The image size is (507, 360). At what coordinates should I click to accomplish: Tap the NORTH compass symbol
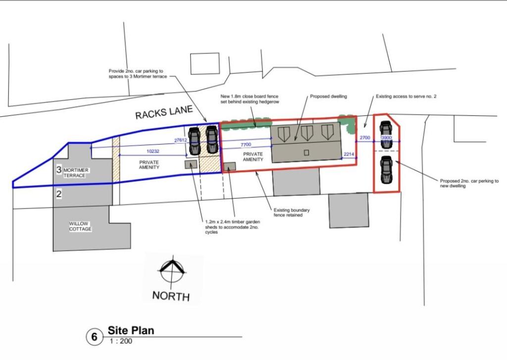[x=171, y=269]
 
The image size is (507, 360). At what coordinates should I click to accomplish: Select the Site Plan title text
[x=131, y=330]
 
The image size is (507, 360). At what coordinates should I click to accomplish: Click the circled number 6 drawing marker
[x=94, y=337]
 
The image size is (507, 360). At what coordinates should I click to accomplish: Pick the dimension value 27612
[x=182, y=140]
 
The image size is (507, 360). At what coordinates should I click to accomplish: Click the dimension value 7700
[x=246, y=144]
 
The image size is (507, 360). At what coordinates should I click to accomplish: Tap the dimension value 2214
[x=349, y=155]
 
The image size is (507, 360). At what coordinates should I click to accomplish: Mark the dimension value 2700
[x=364, y=137]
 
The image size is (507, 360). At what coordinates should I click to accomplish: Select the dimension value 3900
[x=386, y=138]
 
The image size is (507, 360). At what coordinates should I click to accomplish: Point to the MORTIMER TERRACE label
[x=76, y=173]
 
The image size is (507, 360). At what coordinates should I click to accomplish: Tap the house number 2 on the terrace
[x=58, y=194]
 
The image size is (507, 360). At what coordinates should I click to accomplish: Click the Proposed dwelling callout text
[x=328, y=97]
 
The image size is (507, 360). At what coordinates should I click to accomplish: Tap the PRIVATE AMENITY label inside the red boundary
[x=253, y=157]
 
